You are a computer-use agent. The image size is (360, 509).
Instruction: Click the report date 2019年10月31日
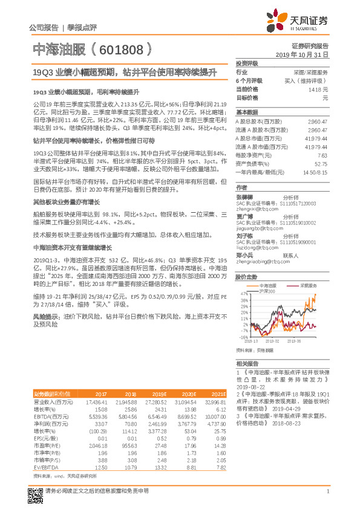306,54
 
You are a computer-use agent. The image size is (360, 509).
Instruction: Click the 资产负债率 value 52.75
321,163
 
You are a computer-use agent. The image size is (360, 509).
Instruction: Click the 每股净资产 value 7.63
322,155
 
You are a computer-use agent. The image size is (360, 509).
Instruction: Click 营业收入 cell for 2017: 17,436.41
97,402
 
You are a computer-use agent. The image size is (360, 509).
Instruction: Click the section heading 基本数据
246,112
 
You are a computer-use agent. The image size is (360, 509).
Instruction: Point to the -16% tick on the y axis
243,337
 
